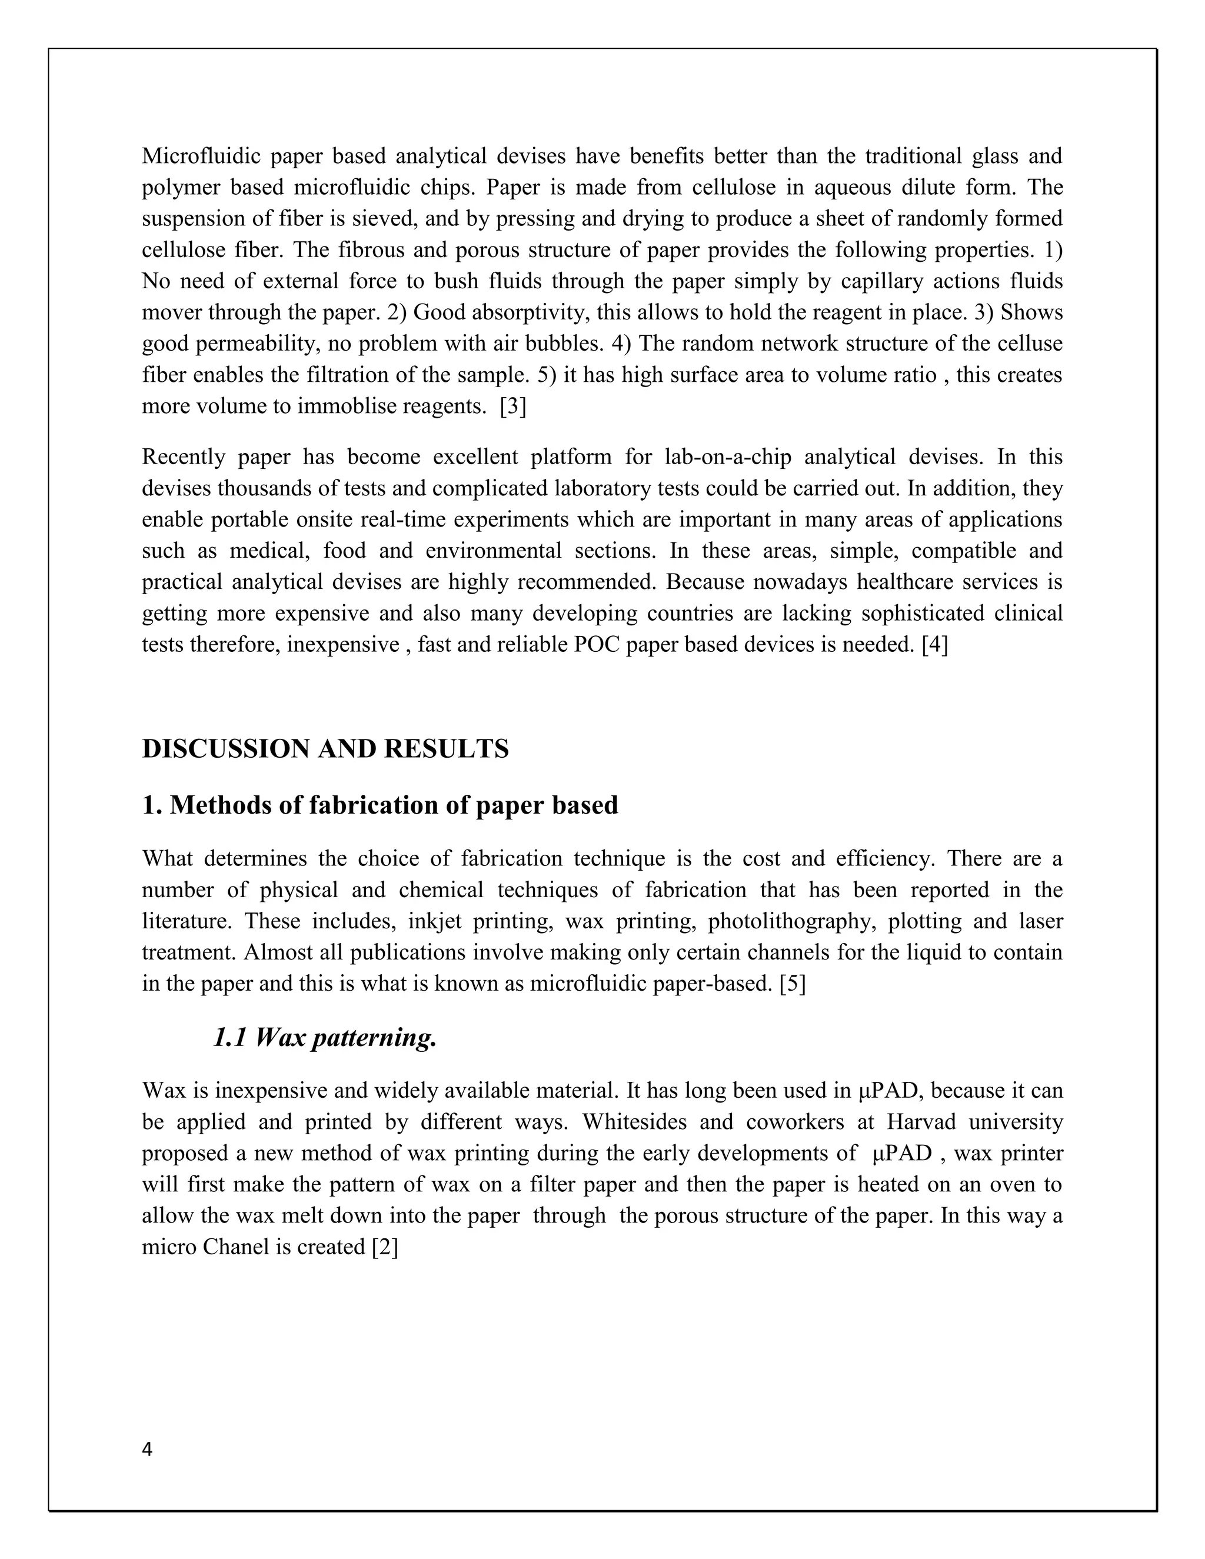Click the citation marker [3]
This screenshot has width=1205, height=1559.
click(512, 407)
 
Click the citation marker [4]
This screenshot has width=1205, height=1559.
click(934, 645)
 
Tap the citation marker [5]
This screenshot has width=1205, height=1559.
click(793, 984)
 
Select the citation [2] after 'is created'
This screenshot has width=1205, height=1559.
click(385, 1247)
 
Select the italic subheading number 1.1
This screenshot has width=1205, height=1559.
click(230, 1038)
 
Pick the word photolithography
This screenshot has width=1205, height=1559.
click(791, 921)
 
